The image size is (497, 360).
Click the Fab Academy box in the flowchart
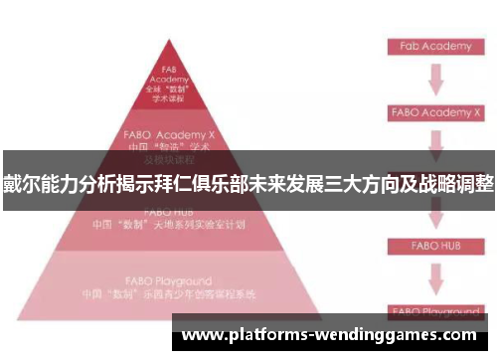pyautogui.click(x=435, y=46)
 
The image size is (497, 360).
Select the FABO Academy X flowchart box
pyautogui.click(x=435, y=112)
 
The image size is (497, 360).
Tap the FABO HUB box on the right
pyautogui.click(x=435, y=243)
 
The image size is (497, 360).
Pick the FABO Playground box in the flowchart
pyautogui.click(x=435, y=310)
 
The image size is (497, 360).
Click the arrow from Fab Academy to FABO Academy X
pyautogui.click(x=435, y=78)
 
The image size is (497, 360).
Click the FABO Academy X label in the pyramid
pyautogui.click(x=169, y=132)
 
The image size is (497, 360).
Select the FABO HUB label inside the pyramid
pyautogui.click(x=169, y=212)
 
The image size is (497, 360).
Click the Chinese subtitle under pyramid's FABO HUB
pyautogui.click(x=169, y=224)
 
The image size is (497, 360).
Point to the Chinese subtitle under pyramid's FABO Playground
pyautogui.click(x=169, y=295)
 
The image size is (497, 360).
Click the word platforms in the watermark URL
pyautogui.click(x=270, y=335)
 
